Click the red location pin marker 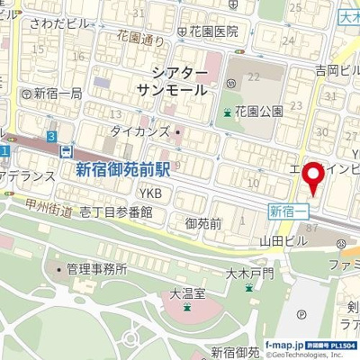coord(313,177)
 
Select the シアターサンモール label coord(174,81)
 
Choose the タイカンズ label coord(139,132)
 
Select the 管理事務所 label coord(96,268)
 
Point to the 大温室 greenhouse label coord(187,292)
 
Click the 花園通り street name coord(141,40)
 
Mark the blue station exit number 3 coord(52,135)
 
